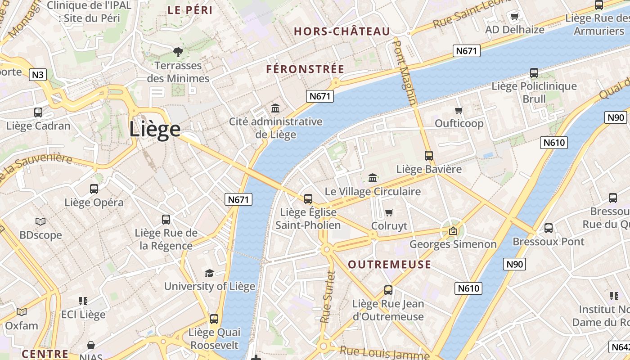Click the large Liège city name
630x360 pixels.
pyautogui.click(x=155, y=129)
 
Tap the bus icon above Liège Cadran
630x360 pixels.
pyautogui.click(x=38, y=112)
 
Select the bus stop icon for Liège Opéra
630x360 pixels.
pyautogui.click(x=94, y=189)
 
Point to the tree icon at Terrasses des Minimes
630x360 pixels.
pyautogui.click(x=178, y=52)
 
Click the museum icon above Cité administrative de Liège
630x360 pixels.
pyautogui.click(x=275, y=108)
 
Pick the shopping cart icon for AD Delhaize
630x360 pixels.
pyautogui.click(x=514, y=17)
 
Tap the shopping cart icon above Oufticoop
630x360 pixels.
pyautogui.click(x=459, y=110)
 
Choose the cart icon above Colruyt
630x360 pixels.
pyautogui.click(x=389, y=212)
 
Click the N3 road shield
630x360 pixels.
pyautogui.click(x=38, y=75)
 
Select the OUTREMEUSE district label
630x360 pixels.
pyautogui.click(x=390, y=264)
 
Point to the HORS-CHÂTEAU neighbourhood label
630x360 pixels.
pyautogui.click(x=342, y=31)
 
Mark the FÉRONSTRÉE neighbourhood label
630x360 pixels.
pyautogui.click(x=305, y=69)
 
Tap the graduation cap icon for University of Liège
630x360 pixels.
pyautogui.click(x=209, y=273)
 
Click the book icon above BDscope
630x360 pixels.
pyautogui.click(x=40, y=221)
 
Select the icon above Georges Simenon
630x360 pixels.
pyautogui.click(x=453, y=231)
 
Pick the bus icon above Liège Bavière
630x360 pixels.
pyautogui.click(x=429, y=156)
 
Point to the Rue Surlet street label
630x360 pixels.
pyautogui.click(x=328, y=297)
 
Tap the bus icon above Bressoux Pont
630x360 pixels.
pyautogui.click(x=549, y=228)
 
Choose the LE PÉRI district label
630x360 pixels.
pyautogui.click(x=190, y=10)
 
